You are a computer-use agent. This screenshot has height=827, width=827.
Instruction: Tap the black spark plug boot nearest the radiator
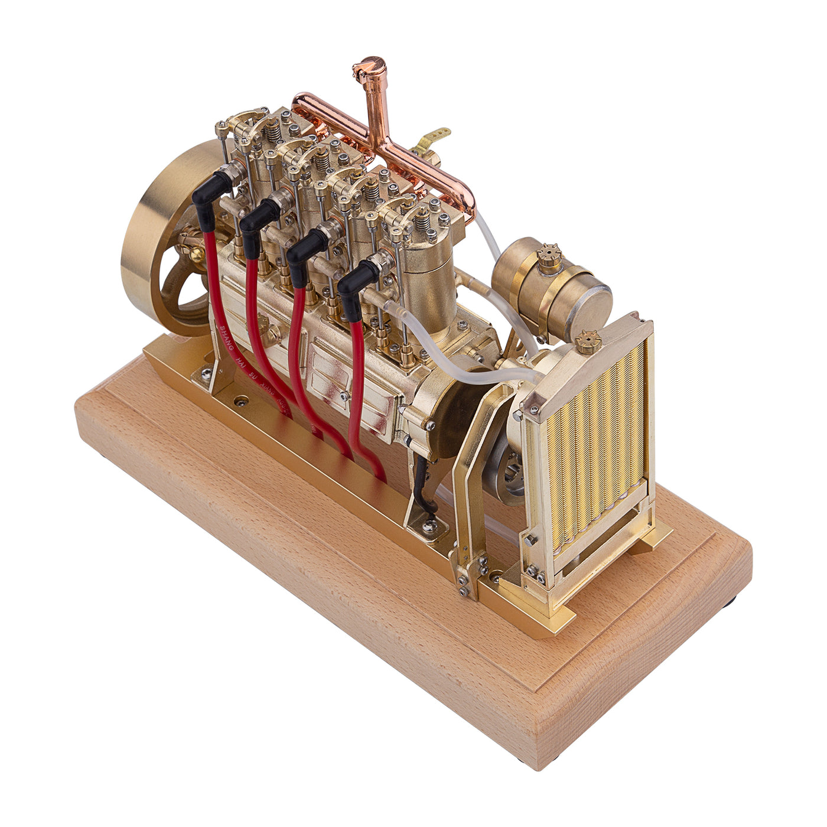pyautogui.click(x=357, y=282)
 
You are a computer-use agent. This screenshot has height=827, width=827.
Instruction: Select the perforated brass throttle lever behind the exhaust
pyautogui.click(x=435, y=136)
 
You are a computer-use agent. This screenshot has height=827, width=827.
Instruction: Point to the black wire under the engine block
pyautogui.click(x=421, y=484)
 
